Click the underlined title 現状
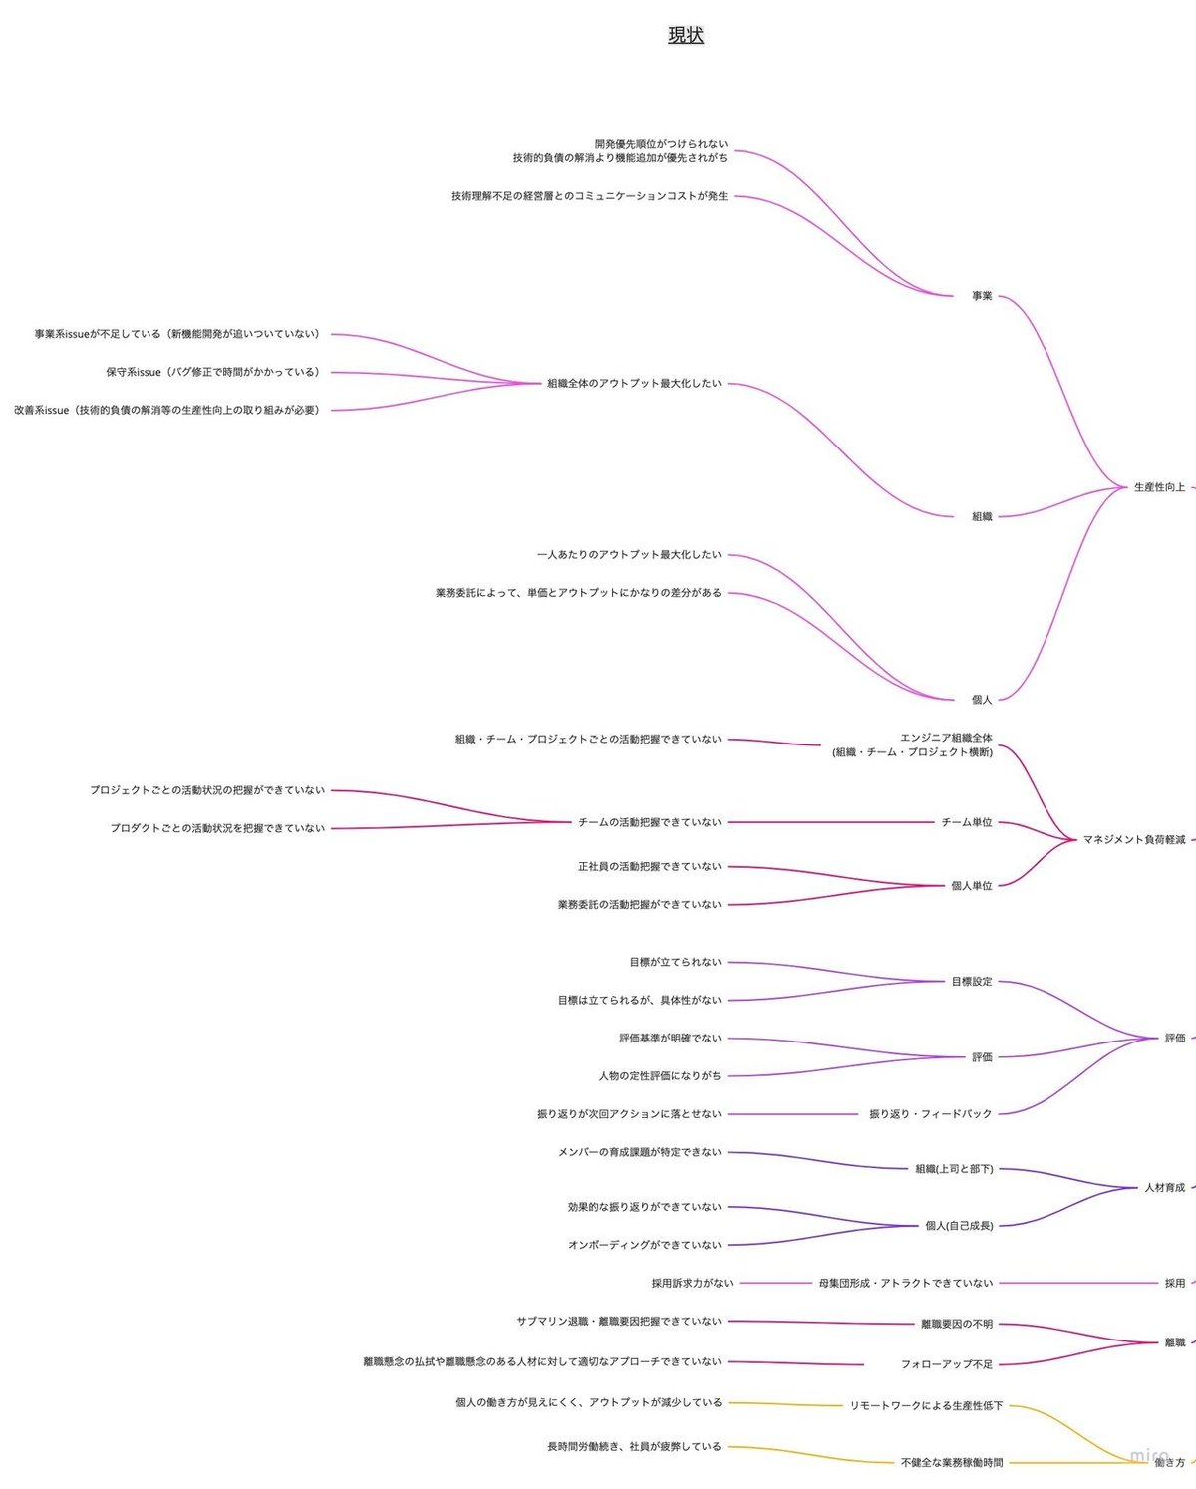coord(686,35)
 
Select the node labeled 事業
coord(982,296)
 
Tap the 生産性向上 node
coord(1159,487)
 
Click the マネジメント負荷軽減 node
coord(1134,840)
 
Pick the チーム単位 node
coord(966,822)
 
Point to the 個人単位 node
coord(971,886)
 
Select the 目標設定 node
coord(971,981)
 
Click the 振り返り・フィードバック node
coord(930,1114)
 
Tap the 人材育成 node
coord(1164,1187)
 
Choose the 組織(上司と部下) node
coord(954,1169)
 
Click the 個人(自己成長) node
coord(959,1225)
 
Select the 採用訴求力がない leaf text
coord(692,1283)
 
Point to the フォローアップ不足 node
coord(946,1364)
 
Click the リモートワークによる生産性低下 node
coord(926,1406)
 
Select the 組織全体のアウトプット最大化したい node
coord(634,384)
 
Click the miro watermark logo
coord(1149,1456)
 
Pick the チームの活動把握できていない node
coord(649,822)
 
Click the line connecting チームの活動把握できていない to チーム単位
coord(830,822)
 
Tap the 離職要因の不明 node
coord(957,1324)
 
